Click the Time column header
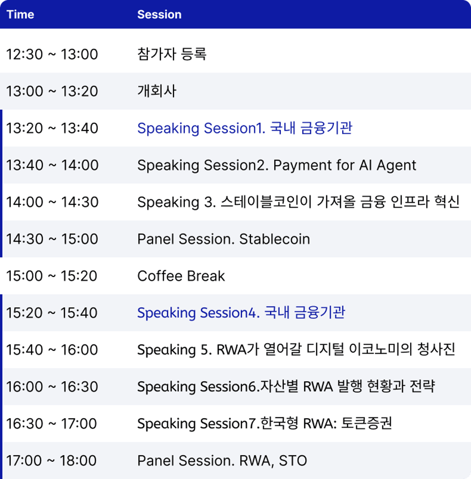[x=20, y=14]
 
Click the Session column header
[x=159, y=14]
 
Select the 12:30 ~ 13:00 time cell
[x=52, y=54]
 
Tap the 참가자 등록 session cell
[x=172, y=54]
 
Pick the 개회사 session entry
[x=157, y=91]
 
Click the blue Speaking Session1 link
[x=245, y=128]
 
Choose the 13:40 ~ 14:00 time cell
[x=52, y=165]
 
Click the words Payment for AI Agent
[x=345, y=165]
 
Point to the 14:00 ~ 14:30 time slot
[x=52, y=202]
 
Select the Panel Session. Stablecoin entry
[x=224, y=239]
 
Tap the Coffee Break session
[x=181, y=276]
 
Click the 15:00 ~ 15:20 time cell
[x=52, y=276]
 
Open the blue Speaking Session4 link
[x=241, y=312]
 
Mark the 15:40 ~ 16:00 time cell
[x=52, y=350]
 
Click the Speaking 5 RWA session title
[x=296, y=350]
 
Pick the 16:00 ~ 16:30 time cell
[x=52, y=387]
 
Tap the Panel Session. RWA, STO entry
[x=222, y=461]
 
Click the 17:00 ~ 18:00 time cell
[x=52, y=461]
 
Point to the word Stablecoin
[x=275, y=239]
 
